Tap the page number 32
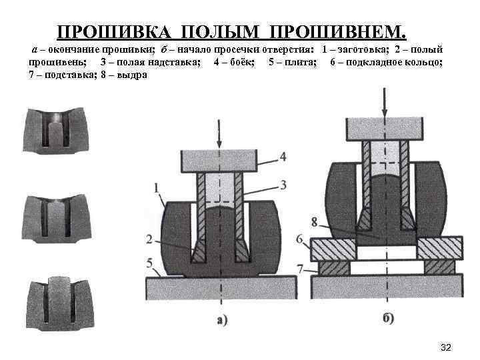[447, 347]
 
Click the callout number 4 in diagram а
[283, 157]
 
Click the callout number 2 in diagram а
[152, 239]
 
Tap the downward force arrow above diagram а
[219, 133]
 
